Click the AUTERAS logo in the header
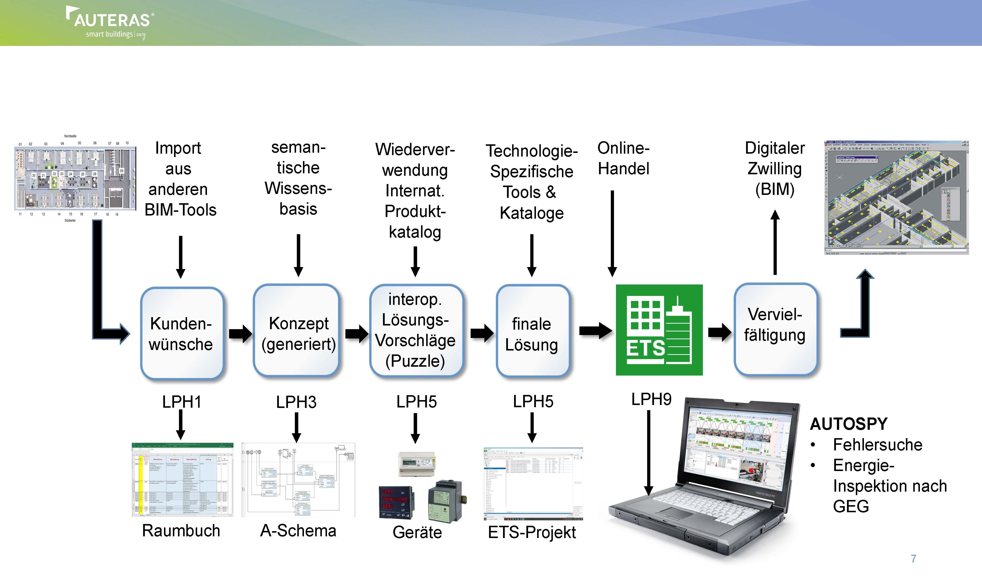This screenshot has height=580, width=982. (110, 23)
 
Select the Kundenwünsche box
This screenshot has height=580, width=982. (181, 333)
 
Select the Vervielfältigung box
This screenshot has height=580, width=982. (775, 329)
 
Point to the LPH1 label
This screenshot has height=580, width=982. (181, 402)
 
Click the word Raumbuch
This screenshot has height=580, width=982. (181, 530)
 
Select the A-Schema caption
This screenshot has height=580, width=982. (298, 530)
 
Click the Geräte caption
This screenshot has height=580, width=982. (417, 532)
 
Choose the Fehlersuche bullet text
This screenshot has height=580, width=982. (878, 445)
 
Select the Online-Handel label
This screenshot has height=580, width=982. (624, 158)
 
